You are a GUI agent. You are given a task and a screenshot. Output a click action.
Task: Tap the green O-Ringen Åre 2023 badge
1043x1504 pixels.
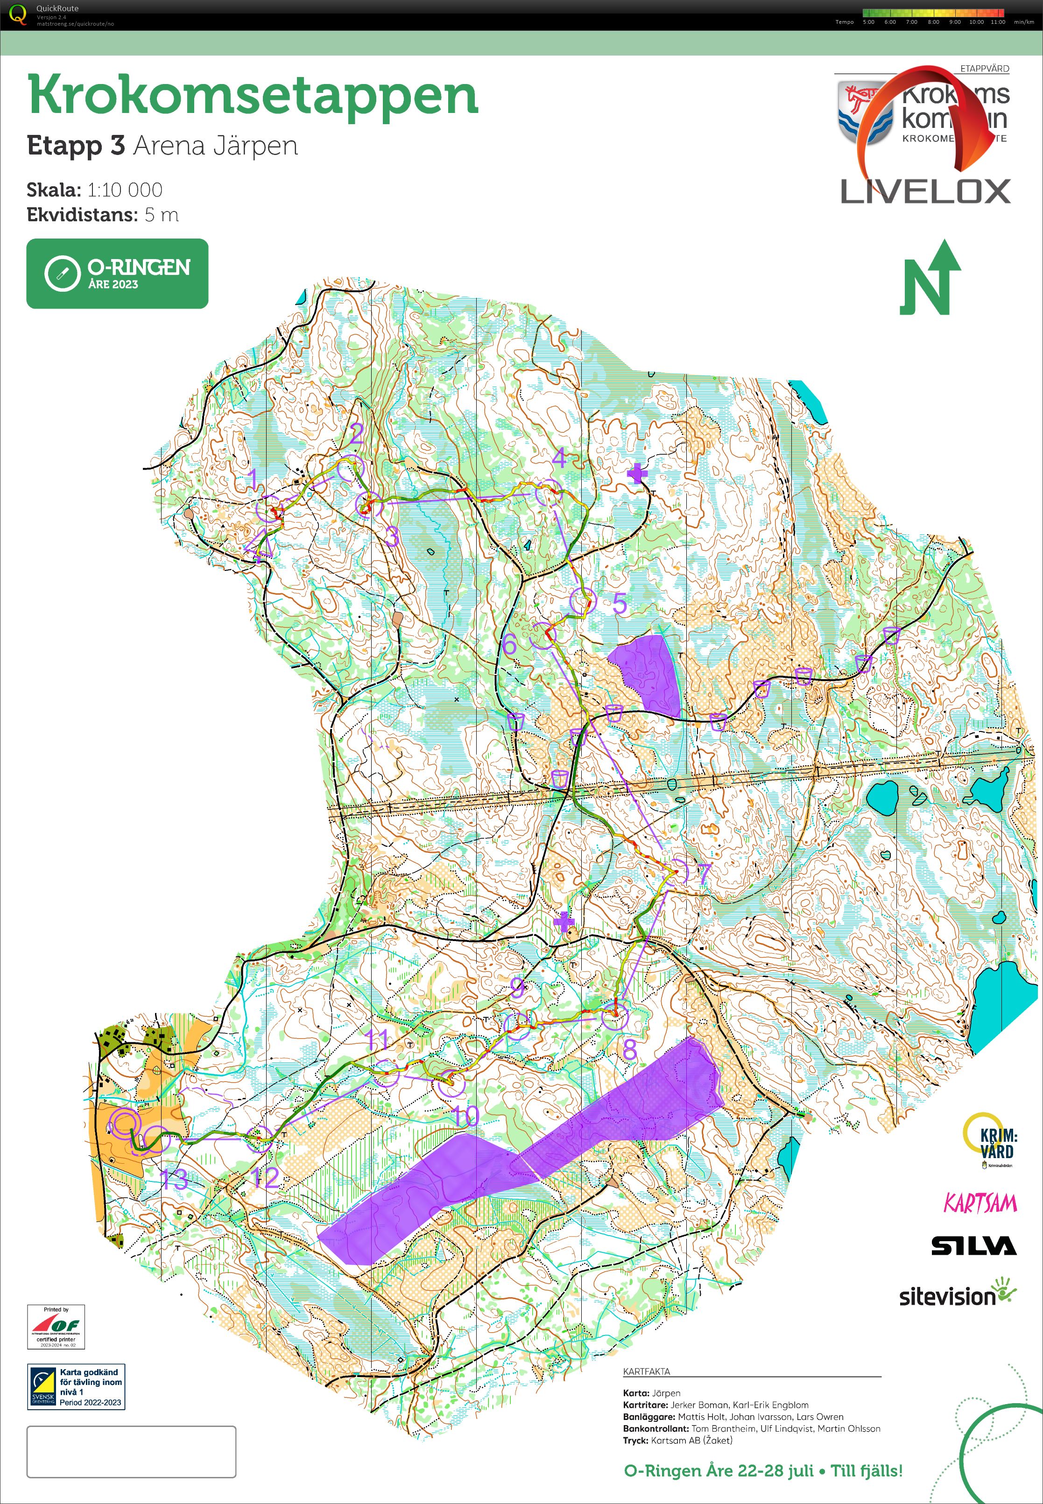pos(117,273)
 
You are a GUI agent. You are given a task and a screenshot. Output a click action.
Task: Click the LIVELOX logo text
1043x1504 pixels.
pos(925,192)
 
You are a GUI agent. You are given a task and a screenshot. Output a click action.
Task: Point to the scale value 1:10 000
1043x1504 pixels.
pos(125,190)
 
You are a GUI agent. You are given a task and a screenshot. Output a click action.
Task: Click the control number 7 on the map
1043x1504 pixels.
pos(704,873)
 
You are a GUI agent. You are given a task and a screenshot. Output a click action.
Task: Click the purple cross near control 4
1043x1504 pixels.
pos(636,474)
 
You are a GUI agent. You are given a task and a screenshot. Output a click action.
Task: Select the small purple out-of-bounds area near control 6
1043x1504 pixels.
pos(646,673)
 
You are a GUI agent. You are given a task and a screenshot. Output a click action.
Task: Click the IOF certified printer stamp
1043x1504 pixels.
pos(56,1326)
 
